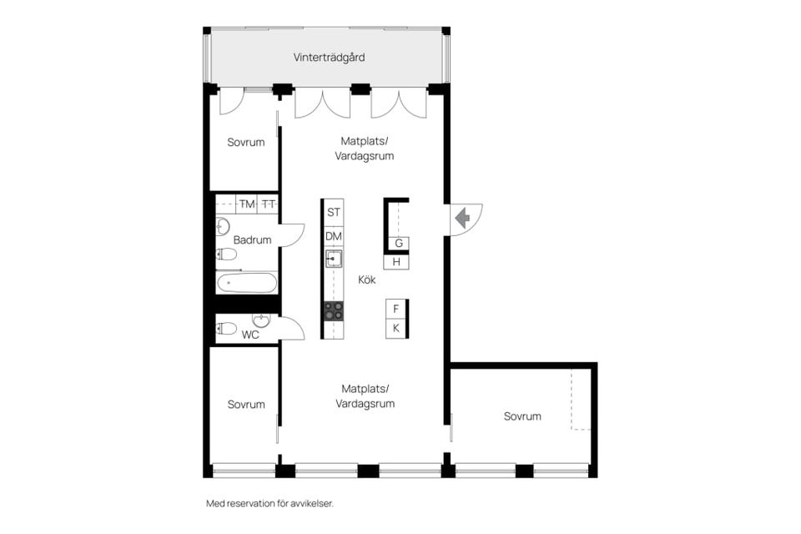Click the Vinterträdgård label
click(329, 58)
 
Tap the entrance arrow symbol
click(463, 219)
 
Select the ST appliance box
click(334, 212)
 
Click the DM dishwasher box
click(334, 237)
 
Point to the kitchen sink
click(334, 259)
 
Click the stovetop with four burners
click(334, 311)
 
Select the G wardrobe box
click(399, 244)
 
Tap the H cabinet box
click(396, 262)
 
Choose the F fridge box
click(395, 309)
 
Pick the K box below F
click(395, 328)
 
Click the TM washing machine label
click(247, 204)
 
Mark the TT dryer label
click(268, 204)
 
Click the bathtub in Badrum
click(247, 283)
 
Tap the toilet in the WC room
click(226, 328)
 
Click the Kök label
click(367, 280)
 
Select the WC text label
click(250, 335)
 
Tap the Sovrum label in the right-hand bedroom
click(522, 416)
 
